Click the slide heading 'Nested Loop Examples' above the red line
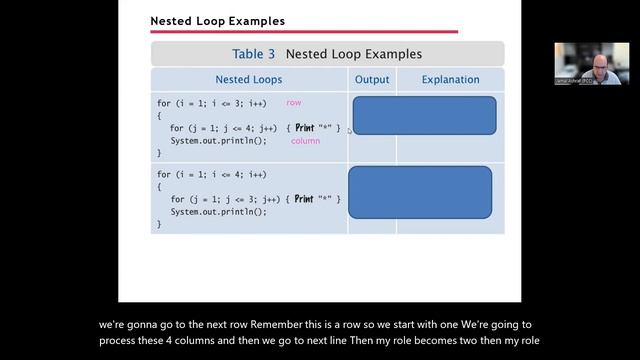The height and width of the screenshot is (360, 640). tap(217, 21)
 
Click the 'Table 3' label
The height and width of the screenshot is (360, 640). tap(254, 54)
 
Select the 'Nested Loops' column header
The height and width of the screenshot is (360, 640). tap(248, 79)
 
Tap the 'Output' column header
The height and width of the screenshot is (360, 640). tap(372, 79)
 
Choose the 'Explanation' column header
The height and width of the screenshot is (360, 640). tap(450, 79)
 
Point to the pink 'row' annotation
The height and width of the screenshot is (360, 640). tap(294, 103)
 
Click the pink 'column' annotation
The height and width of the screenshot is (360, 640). tap(305, 141)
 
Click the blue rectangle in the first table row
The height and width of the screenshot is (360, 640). tap(424, 115)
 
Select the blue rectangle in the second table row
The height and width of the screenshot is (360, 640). tap(420, 192)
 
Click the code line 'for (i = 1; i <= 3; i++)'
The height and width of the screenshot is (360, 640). tap(211, 104)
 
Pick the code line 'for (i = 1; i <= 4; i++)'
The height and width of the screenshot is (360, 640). tap(211, 175)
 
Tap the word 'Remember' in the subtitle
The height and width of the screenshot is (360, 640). tap(283, 325)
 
